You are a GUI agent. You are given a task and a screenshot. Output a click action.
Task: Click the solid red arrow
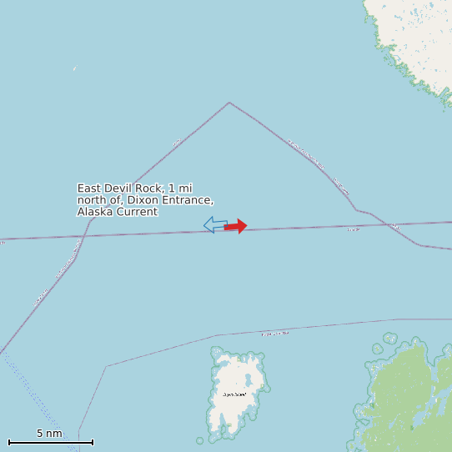coord(236,226)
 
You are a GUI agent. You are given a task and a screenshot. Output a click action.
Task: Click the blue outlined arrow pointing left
coord(215,224)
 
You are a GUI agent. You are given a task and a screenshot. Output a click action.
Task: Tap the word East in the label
coord(92,189)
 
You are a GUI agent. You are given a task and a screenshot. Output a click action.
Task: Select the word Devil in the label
coord(125,189)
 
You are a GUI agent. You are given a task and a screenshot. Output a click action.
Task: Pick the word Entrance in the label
coord(185,201)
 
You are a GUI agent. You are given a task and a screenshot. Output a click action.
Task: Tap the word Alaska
coord(95,212)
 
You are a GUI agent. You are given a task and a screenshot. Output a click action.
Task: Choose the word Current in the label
coord(137,212)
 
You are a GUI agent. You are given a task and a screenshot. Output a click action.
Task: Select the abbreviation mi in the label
coord(185,189)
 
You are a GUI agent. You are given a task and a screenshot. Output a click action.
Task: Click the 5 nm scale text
coord(49,434)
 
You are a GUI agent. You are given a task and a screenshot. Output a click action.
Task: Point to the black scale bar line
coord(50,442)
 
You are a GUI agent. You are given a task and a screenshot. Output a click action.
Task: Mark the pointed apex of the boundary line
coord(229,103)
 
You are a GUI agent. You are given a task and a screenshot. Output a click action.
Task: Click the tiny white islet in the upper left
coord(74,68)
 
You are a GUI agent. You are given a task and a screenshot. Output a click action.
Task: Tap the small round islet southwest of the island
coord(200,440)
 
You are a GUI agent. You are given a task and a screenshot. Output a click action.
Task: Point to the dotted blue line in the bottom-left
coord(33,392)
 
